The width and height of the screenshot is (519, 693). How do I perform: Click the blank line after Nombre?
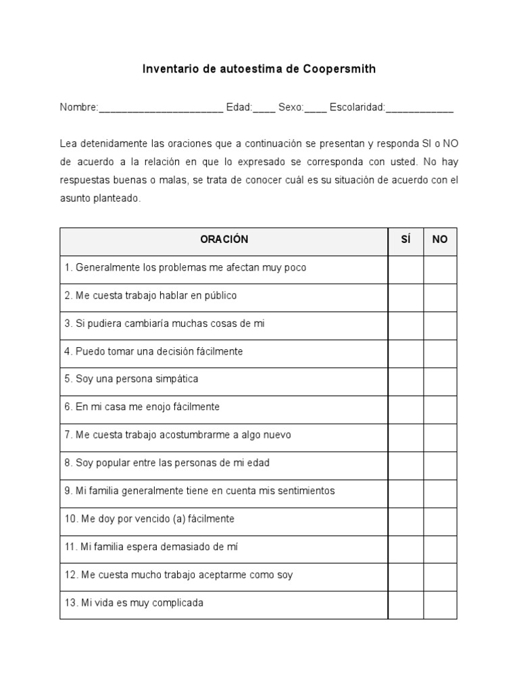tap(161, 110)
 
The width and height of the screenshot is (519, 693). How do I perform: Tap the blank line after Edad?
tap(264, 110)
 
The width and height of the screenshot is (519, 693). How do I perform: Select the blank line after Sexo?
tap(316, 110)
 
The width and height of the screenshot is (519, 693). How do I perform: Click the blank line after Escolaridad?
tap(419, 110)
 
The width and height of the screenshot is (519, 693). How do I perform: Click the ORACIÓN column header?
tap(224, 240)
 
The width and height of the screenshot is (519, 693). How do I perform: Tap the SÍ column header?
tap(405, 240)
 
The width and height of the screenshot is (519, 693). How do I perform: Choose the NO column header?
tap(440, 240)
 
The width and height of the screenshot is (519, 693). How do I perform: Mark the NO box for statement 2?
tap(440, 296)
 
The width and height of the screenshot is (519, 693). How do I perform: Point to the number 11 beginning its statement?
tap(70, 547)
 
